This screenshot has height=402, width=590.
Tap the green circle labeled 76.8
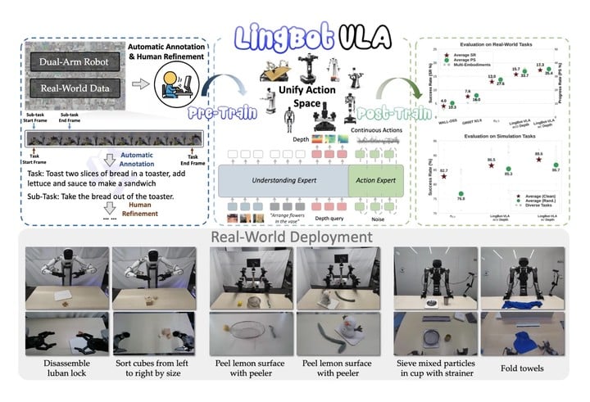click(x=461, y=193)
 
